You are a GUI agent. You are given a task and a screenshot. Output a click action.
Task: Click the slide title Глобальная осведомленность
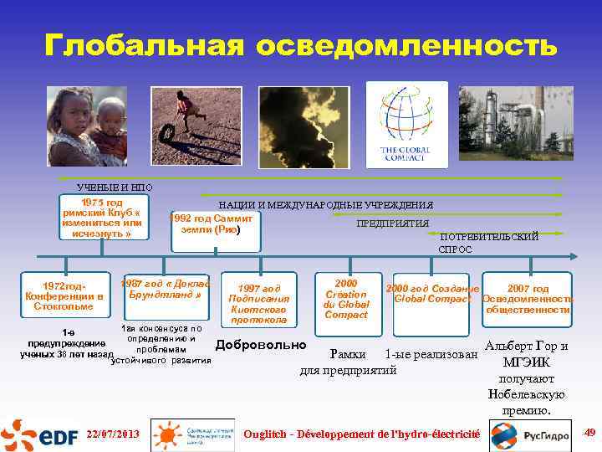301,44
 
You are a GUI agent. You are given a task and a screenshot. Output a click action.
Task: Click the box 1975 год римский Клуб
101,218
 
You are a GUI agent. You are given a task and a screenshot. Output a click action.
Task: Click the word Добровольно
261,346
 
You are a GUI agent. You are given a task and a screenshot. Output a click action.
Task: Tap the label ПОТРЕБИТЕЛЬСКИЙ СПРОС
488,243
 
